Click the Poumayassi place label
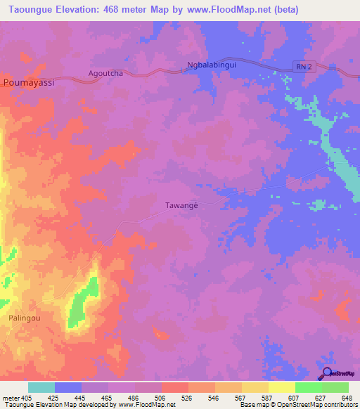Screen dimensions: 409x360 coord(29,82)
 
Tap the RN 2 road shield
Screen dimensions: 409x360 coord(302,65)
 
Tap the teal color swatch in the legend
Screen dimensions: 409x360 coord(41,387)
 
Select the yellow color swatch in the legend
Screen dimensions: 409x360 coord(281,387)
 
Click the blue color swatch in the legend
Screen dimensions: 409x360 coord(68,387)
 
